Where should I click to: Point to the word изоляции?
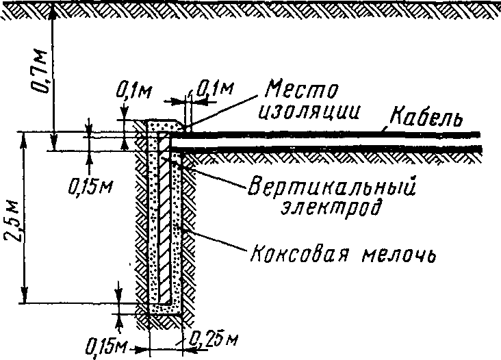click(309, 112)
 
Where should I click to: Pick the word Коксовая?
click(298, 254)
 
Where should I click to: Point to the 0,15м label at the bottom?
click(106, 347)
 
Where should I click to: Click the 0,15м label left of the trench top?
click(90, 186)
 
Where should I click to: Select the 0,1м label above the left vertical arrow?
click(133, 92)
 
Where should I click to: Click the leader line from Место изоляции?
click(222, 112)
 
